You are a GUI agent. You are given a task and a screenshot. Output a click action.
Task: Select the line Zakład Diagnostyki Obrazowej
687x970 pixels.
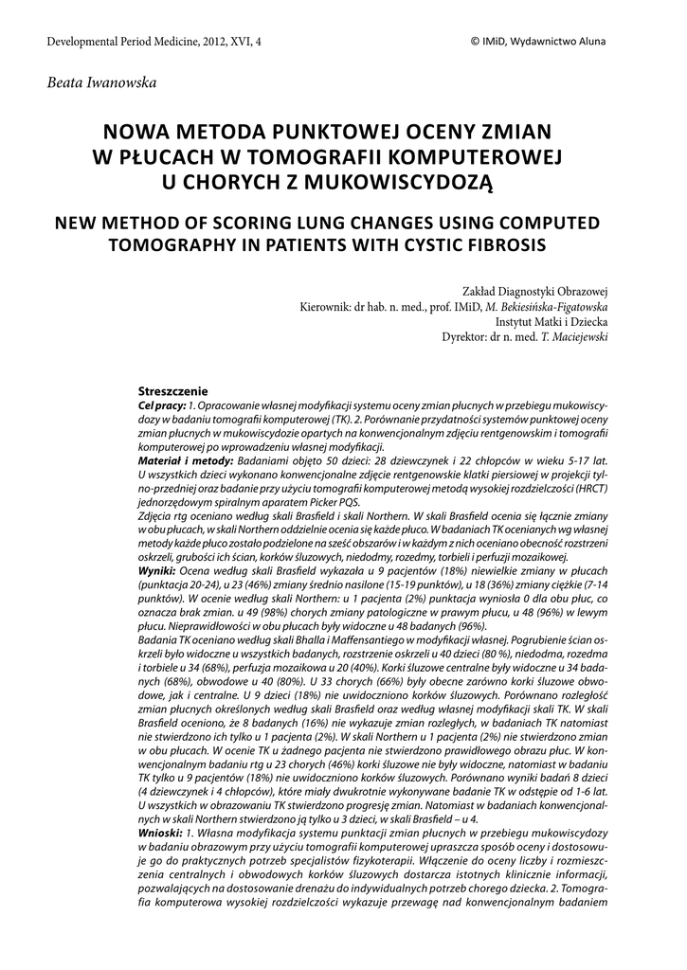click(x=534, y=292)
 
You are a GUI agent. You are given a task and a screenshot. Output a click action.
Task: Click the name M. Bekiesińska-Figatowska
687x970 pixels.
click(x=547, y=307)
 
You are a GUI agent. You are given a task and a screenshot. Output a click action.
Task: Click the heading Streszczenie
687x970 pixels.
click(x=173, y=391)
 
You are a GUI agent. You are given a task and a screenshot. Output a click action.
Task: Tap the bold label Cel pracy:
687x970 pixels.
click(x=162, y=405)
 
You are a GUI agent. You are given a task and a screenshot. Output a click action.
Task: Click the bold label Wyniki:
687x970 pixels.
click(x=157, y=572)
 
